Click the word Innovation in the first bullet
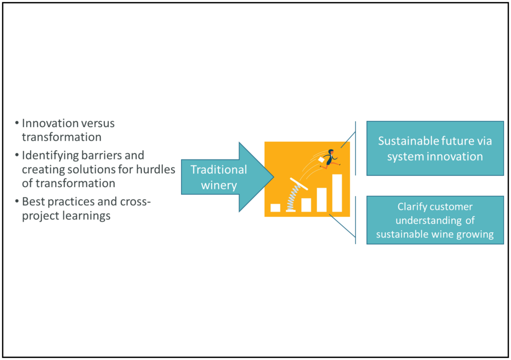pyautogui.click(x=50, y=123)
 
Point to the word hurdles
pyautogui.click(x=155, y=169)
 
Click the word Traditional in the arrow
pyautogui.click(x=219, y=170)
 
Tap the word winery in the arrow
pyautogui.click(x=219, y=186)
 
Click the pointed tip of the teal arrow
pyautogui.click(x=273, y=177)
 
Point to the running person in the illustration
pyautogui.click(x=330, y=159)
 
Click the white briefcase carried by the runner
pyautogui.click(x=321, y=160)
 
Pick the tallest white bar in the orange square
pyautogui.click(x=337, y=193)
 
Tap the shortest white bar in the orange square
pyautogui.click(x=276, y=208)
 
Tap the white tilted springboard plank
pyautogui.click(x=299, y=184)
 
